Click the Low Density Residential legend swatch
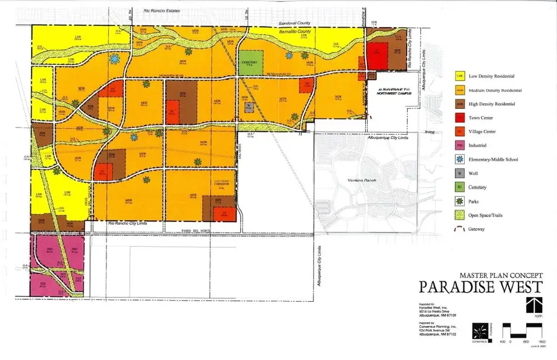click(460, 77)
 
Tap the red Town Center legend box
click(460, 118)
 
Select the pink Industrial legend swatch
click(460, 145)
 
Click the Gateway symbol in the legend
click(460, 229)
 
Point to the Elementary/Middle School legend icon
click(460, 160)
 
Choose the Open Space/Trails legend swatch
click(460, 215)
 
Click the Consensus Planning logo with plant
click(481, 330)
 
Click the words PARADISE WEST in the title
click(481, 287)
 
